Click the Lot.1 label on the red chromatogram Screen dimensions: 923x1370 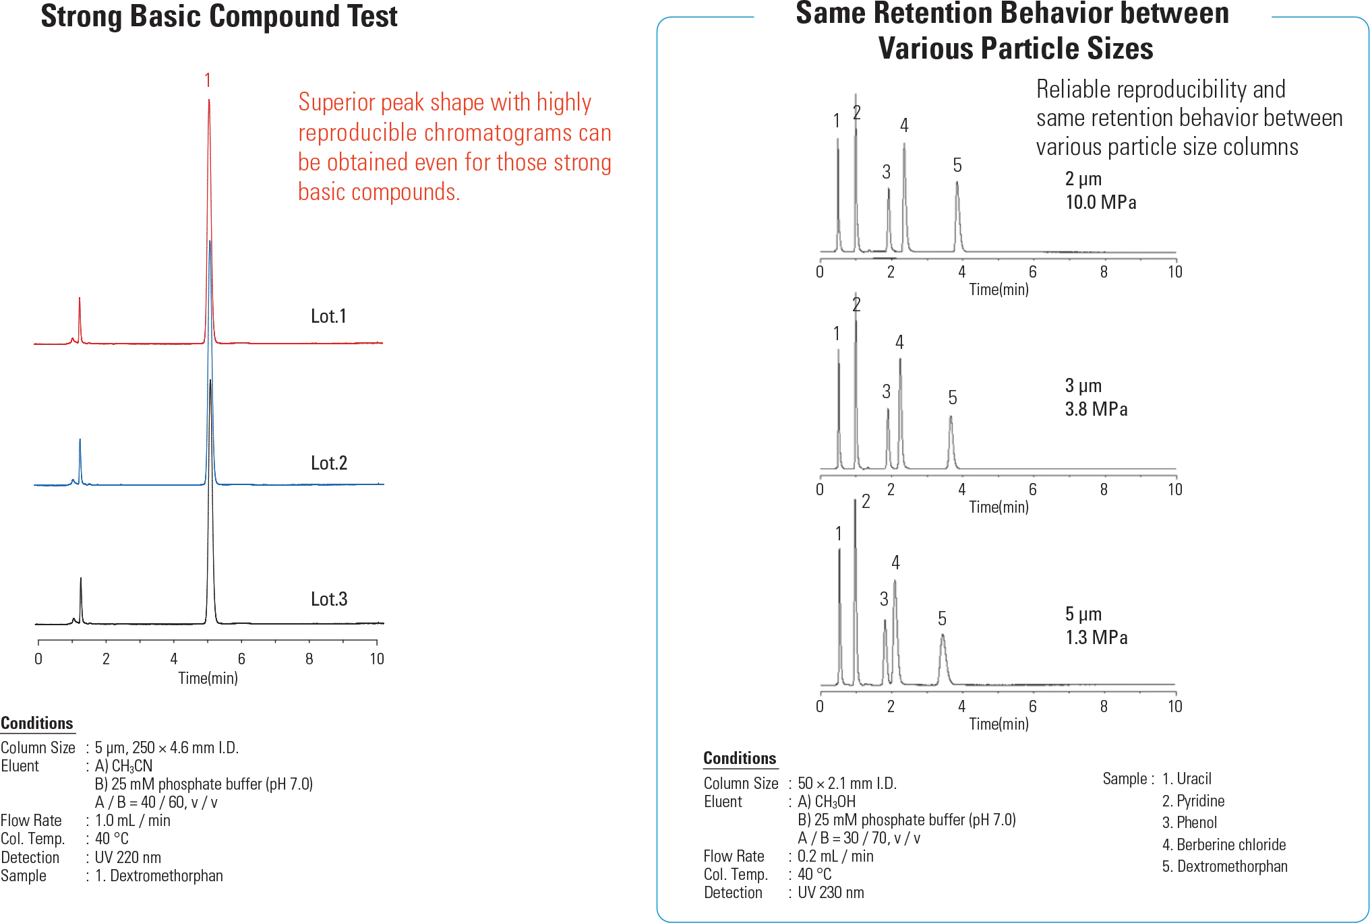click(328, 316)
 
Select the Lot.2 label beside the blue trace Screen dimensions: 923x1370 click(329, 463)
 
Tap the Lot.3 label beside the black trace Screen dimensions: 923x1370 click(329, 599)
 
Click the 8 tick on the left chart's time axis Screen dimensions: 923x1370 click(309, 659)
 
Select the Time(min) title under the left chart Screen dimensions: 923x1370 click(208, 678)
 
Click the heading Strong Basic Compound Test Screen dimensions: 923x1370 click(219, 16)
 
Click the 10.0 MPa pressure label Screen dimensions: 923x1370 click(1100, 202)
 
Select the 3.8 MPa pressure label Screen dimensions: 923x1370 click(1096, 409)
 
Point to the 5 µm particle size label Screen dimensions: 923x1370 click(1083, 614)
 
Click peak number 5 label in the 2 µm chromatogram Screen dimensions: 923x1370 click(957, 165)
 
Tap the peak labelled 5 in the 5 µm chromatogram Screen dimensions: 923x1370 click(943, 647)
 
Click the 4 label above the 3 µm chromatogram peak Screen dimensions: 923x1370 click(899, 342)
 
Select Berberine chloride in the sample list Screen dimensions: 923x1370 click(1224, 844)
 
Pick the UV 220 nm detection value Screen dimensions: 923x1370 click(127, 858)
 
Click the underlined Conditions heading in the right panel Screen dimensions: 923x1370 click(740, 758)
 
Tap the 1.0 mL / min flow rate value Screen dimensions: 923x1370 click(132, 821)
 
